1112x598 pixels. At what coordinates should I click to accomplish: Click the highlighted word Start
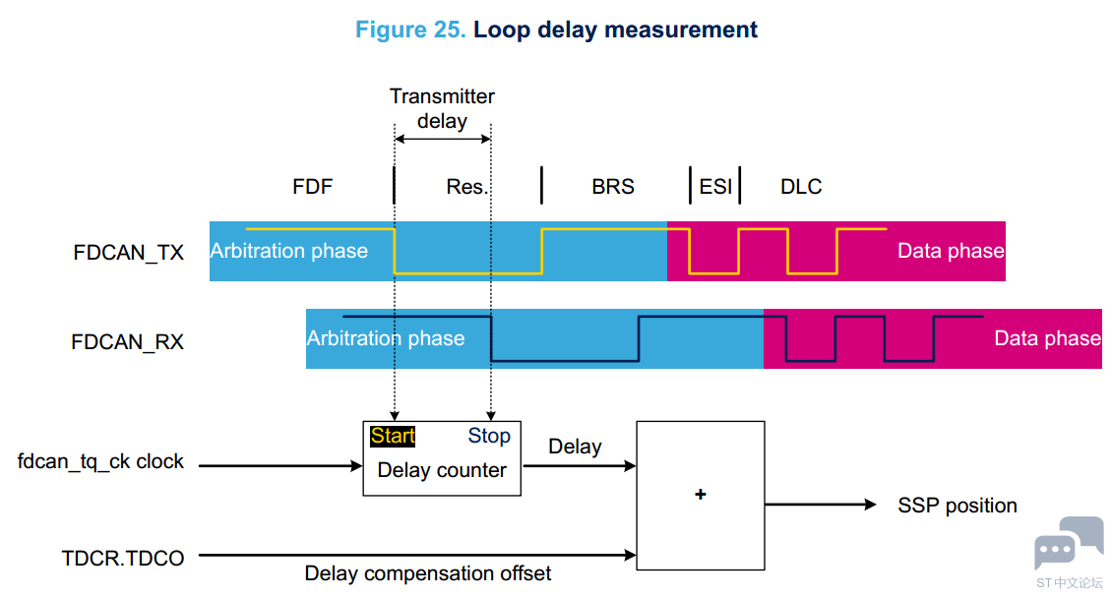(393, 436)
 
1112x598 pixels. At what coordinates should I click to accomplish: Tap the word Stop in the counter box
(489, 436)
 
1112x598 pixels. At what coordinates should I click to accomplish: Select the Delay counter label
(442, 470)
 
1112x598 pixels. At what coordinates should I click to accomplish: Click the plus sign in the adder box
(701, 495)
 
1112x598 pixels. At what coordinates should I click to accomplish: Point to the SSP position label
(958, 506)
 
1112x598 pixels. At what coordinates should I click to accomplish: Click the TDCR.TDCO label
(123, 559)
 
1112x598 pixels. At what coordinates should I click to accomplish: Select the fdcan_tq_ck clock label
(100, 462)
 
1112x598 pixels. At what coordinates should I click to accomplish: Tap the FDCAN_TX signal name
(128, 252)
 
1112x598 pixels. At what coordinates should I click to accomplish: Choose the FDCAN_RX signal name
(128, 341)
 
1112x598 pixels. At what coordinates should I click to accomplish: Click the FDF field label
(313, 186)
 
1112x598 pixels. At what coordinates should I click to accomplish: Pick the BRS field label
(613, 186)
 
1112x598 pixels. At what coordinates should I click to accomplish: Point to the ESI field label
(715, 186)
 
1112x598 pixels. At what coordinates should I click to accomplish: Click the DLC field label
(801, 186)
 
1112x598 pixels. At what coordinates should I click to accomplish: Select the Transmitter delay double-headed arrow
(443, 139)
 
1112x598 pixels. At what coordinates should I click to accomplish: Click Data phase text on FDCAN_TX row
(951, 251)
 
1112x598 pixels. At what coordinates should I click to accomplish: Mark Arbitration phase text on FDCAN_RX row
(386, 338)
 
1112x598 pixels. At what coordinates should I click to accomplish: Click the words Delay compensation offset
(428, 573)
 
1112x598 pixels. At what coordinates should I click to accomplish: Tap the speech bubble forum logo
(1069, 543)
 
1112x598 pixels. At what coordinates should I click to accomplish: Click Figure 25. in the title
(410, 30)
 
